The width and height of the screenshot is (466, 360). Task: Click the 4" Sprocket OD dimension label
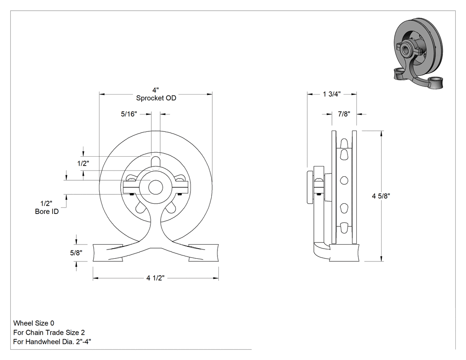pos(156,94)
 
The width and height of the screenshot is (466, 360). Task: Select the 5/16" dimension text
pos(129,114)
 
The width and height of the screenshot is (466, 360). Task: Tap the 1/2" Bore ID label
pos(47,207)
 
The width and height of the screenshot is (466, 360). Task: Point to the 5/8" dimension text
pos(76,253)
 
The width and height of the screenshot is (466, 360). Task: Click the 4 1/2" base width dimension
pos(155,278)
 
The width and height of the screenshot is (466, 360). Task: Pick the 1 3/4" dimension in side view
pos(332,94)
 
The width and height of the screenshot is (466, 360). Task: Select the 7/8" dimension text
pos(344,114)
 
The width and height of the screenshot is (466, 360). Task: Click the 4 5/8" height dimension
pos(381,196)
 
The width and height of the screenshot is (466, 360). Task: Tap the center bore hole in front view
pos(156,187)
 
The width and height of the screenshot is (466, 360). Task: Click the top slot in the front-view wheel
pos(156,162)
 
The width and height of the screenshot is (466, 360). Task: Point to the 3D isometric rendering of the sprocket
pos(419,54)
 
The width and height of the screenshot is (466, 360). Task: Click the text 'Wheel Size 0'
pos(34,323)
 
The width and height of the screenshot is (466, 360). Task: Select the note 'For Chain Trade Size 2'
pos(49,332)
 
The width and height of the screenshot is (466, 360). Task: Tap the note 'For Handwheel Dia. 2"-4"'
pos(52,341)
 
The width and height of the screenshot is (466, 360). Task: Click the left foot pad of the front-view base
pos(108,253)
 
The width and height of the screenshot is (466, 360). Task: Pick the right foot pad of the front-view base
pos(204,253)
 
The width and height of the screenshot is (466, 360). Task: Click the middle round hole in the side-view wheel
pos(344,180)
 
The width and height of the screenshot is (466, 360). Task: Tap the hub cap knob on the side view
pos(310,187)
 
